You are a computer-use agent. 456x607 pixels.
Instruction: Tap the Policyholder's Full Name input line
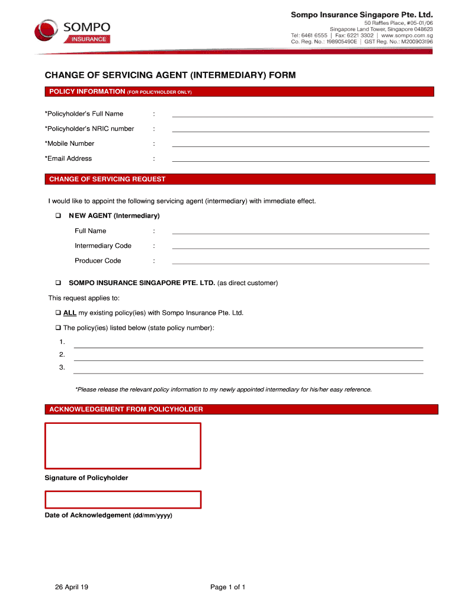[302, 115]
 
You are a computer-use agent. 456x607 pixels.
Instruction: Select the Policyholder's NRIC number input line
[300, 130]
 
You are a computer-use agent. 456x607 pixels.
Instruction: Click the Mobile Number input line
[300, 145]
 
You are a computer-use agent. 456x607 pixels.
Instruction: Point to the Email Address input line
[300, 159]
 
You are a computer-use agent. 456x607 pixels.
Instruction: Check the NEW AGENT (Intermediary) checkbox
[59, 216]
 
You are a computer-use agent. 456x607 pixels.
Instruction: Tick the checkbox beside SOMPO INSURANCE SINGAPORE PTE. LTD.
[59, 283]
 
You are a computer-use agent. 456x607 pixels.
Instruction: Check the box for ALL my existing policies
[59, 313]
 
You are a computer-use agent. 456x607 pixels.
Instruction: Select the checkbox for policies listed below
[59, 328]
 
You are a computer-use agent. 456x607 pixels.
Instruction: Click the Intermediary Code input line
[300, 247]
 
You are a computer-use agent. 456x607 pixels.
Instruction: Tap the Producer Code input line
[300, 262]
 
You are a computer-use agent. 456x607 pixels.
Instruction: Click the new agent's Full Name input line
[300, 232]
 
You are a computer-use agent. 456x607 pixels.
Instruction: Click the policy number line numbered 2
[248, 359]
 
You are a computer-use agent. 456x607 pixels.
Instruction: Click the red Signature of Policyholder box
[123, 446]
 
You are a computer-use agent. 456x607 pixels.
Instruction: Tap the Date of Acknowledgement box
[123, 500]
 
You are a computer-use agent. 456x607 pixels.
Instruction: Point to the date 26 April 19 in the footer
[72, 587]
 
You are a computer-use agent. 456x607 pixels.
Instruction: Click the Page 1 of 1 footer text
[227, 587]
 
